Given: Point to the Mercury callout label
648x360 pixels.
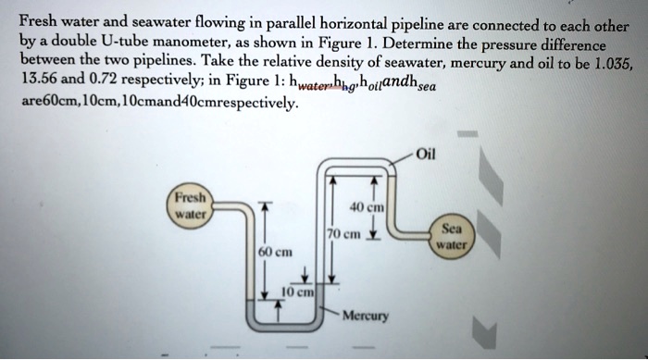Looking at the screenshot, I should [366, 316].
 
